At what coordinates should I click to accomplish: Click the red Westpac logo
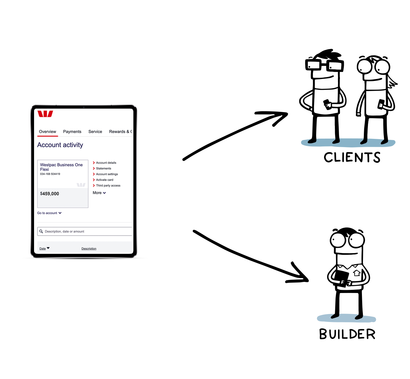pos(45,114)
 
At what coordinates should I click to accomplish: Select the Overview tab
pos(47,132)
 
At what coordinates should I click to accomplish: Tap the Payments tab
pos(72,132)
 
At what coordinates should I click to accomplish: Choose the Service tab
pos(95,132)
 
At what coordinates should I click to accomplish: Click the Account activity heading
pos(60,145)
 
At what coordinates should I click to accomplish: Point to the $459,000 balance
pos(50,194)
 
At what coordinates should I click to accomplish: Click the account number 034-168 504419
pos(50,174)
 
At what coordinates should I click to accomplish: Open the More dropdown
pos(99,193)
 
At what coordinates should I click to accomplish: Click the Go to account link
pos(49,213)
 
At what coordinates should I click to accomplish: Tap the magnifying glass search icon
pos(41,232)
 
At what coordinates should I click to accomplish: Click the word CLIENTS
pos(352,157)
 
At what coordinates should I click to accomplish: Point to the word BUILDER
pos(347,334)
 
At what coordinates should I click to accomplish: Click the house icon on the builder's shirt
pos(357,273)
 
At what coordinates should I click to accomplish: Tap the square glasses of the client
pos(325,65)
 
